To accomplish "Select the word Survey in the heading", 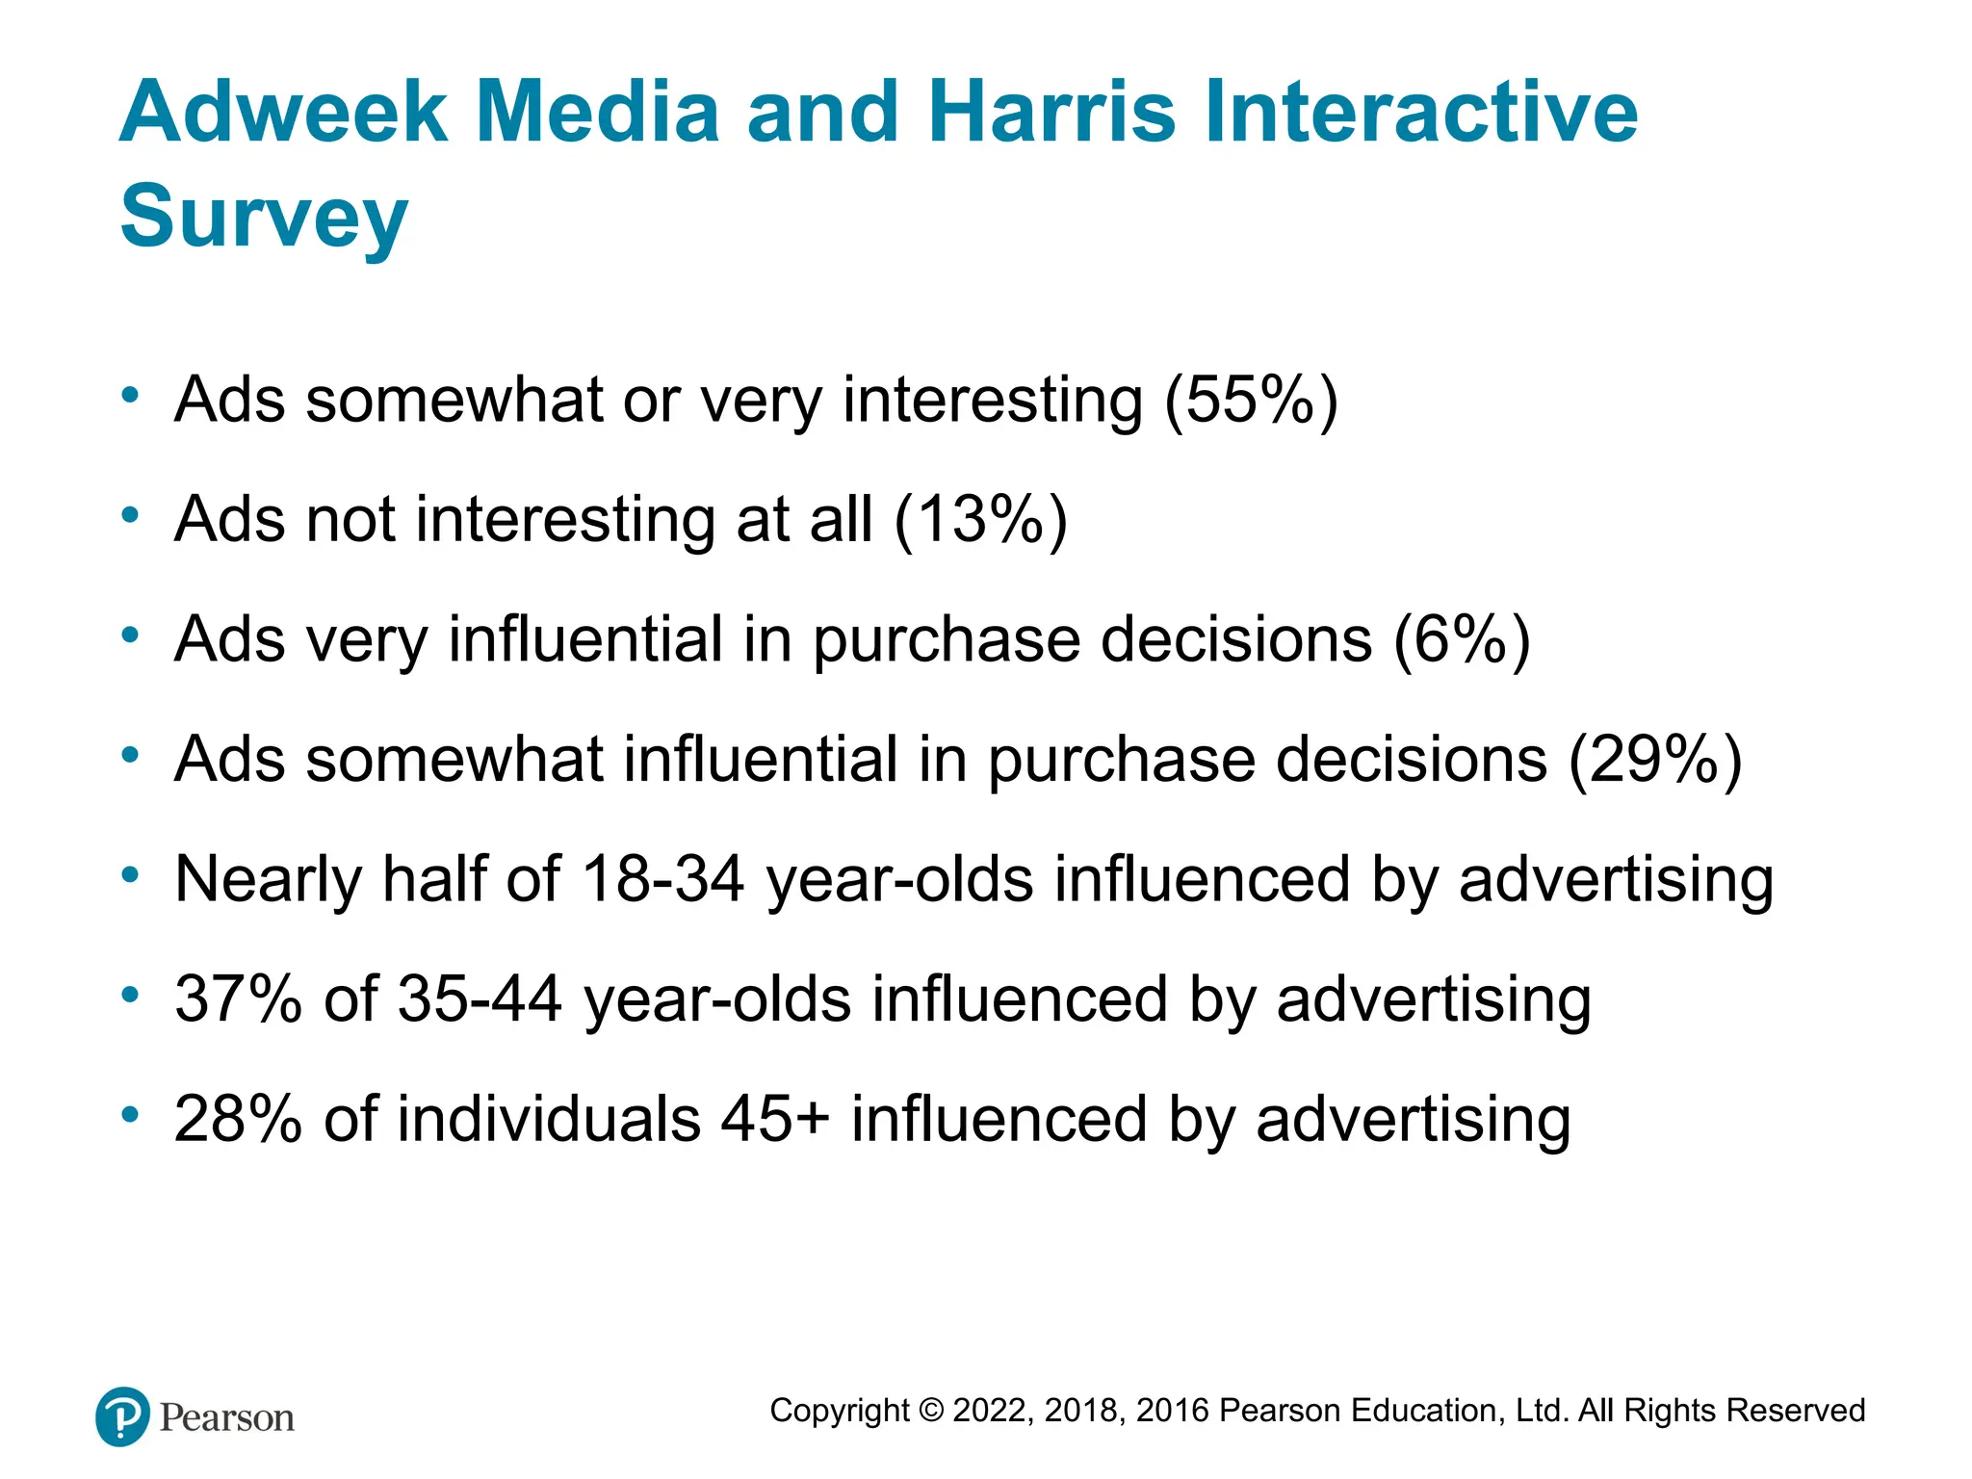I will [x=264, y=218].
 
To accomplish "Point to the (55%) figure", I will [x=1251, y=400].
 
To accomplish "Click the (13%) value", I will [x=981, y=520].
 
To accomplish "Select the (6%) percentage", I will [x=1462, y=639].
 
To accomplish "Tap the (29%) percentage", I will [x=1655, y=760].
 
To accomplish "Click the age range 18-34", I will [x=663, y=879].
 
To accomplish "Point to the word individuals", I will [x=549, y=1119].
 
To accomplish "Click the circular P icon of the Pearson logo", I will [x=123, y=1416].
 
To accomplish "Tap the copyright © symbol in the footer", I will [x=931, y=1411].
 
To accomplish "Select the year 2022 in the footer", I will [x=993, y=1411].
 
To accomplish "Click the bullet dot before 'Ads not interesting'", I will [x=130, y=515].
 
